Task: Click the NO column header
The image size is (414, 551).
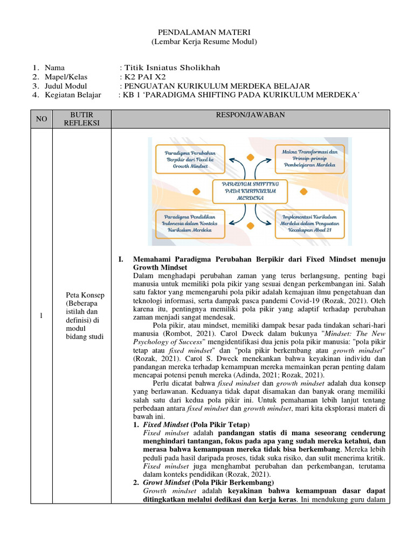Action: pyautogui.click(x=42, y=119)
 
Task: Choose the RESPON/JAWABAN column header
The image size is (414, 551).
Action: pyautogui.click(x=251, y=115)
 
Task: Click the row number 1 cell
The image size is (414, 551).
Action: pyautogui.click(x=42, y=315)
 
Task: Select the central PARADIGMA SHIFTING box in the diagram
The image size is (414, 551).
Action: pyautogui.click(x=250, y=190)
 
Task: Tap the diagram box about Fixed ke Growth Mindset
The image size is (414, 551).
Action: pyautogui.click(x=189, y=160)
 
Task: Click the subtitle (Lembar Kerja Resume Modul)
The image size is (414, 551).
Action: pyautogui.click(x=204, y=42)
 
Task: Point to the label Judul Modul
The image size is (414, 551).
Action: pyautogui.click(x=66, y=86)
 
